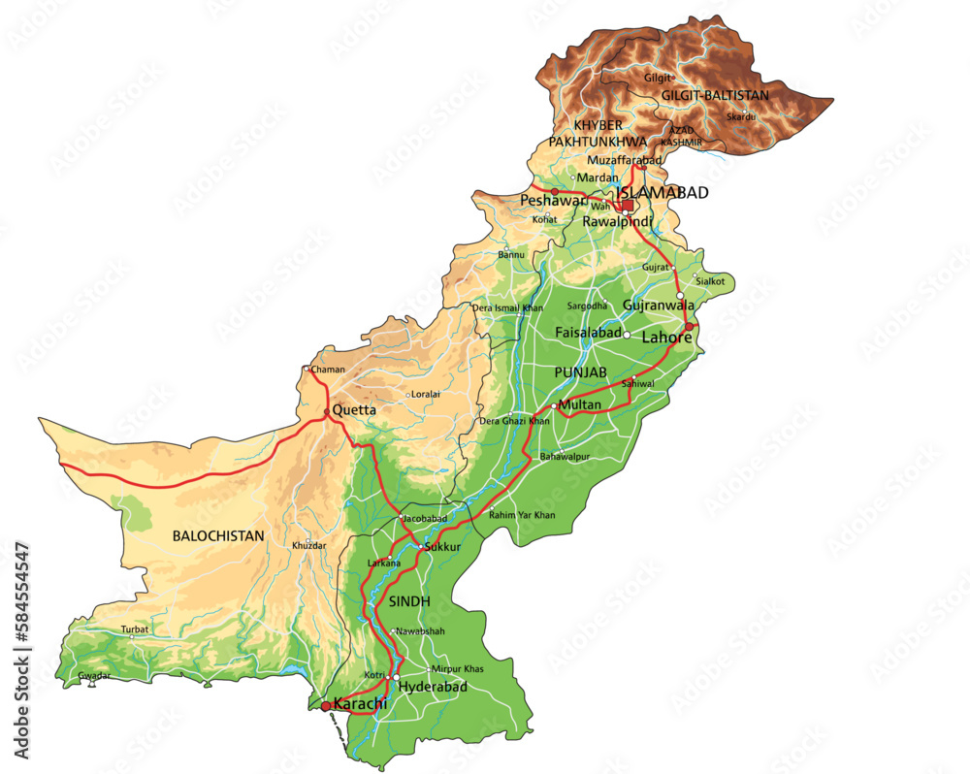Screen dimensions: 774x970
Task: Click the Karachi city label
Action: pos(361,704)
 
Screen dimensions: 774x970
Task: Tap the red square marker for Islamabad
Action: pos(628,206)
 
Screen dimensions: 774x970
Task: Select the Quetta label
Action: pos(354,410)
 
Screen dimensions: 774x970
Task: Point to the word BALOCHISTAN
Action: pos(218,534)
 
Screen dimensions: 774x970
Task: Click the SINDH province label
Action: pos(409,601)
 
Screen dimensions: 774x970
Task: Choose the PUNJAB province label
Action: pos(581,372)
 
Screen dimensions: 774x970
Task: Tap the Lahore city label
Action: pos(666,338)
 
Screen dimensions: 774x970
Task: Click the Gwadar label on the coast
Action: pos(95,675)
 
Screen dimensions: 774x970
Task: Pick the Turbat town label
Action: pos(135,629)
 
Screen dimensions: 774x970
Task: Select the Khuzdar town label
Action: pos(308,547)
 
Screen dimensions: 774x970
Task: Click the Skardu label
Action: pos(741,117)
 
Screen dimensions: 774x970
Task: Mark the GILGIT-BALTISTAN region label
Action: pos(715,95)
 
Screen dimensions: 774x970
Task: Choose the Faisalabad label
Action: pos(588,333)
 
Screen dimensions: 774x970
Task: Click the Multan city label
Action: pos(580,404)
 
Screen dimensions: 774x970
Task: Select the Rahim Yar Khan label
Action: pos(522,515)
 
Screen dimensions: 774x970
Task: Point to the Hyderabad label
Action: pos(434,687)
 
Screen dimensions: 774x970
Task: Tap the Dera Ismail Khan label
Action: pos(507,307)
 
